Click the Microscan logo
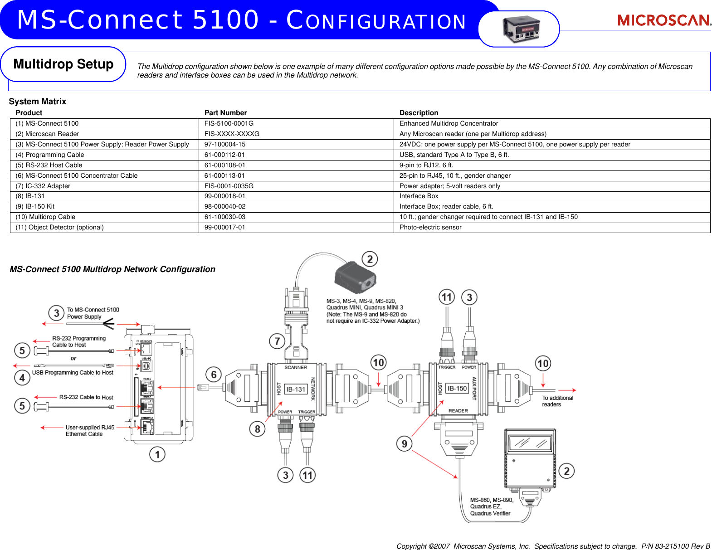point(664,20)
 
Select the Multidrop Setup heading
point(63,64)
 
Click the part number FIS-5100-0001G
point(229,123)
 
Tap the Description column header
point(419,113)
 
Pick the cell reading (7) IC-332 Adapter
point(43,186)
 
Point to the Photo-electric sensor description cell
point(430,228)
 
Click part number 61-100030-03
point(225,217)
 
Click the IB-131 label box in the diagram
point(296,389)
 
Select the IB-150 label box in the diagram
point(457,389)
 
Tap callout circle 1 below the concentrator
point(157,454)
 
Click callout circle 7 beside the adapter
point(277,341)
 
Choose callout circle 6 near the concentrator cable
point(214,375)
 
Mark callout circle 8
point(257,428)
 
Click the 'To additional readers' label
point(557,401)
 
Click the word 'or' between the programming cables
point(73,358)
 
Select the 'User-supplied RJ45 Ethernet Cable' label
point(90,431)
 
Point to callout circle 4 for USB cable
point(22,377)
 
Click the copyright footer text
point(553,546)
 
